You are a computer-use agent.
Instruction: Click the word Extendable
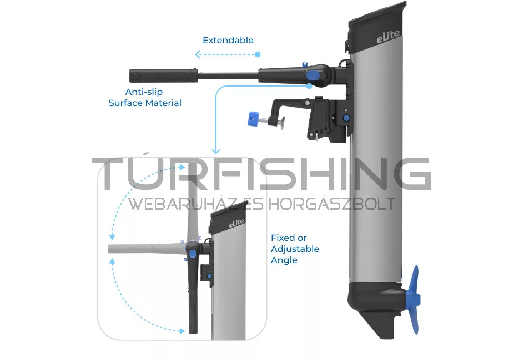click(228, 41)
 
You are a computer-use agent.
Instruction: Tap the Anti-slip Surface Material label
click(145, 97)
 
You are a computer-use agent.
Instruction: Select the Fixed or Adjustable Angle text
click(295, 249)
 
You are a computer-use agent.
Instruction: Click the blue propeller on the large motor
click(414, 300)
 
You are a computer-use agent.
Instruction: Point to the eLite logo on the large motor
click(388, 37)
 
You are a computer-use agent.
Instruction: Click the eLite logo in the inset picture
click(236, 223)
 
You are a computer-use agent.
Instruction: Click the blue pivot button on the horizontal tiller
click(313, 75)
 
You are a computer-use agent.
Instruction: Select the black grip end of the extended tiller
click(163, 75)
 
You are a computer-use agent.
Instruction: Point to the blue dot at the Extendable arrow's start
click(258, 54)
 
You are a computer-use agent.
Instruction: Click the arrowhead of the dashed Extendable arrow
click(198, 54)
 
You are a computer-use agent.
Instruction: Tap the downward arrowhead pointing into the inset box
click(216, 151)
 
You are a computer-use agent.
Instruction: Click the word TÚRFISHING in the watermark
click(261, 174)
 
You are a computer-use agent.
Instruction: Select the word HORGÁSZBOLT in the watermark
click(332, 204)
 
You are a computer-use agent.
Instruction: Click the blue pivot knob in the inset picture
click(192, 255)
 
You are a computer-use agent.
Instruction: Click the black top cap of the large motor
click(377, 27)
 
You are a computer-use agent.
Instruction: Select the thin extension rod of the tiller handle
click(228, 76)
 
